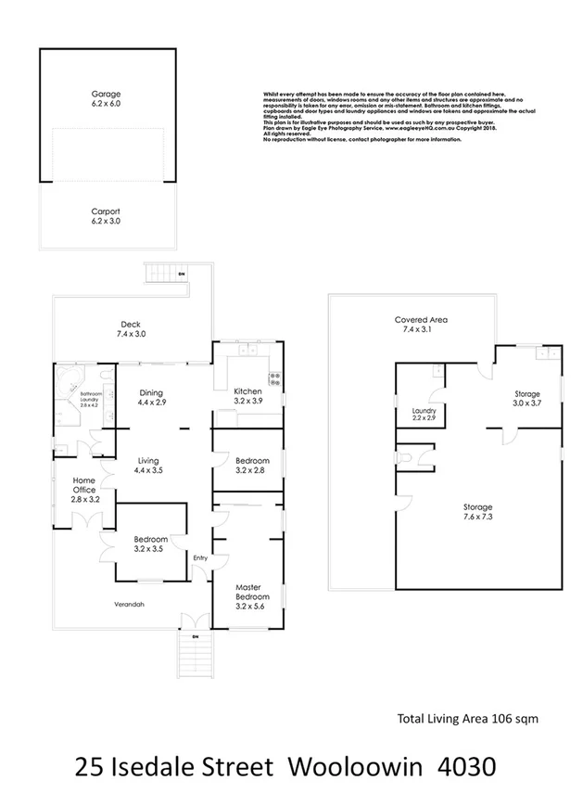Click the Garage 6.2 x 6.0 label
pos(106,99)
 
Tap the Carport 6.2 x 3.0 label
pos(106,216)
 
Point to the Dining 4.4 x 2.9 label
pos(150,398)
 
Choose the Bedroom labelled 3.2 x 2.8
pos(251,466)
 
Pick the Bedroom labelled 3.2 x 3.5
pos(150,544)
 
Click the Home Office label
pos(83,489)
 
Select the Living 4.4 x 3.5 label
pos(150,466)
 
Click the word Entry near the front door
pos(199,558)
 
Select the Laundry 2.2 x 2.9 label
pos(424,415)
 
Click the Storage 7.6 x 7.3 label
pos(477,512)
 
